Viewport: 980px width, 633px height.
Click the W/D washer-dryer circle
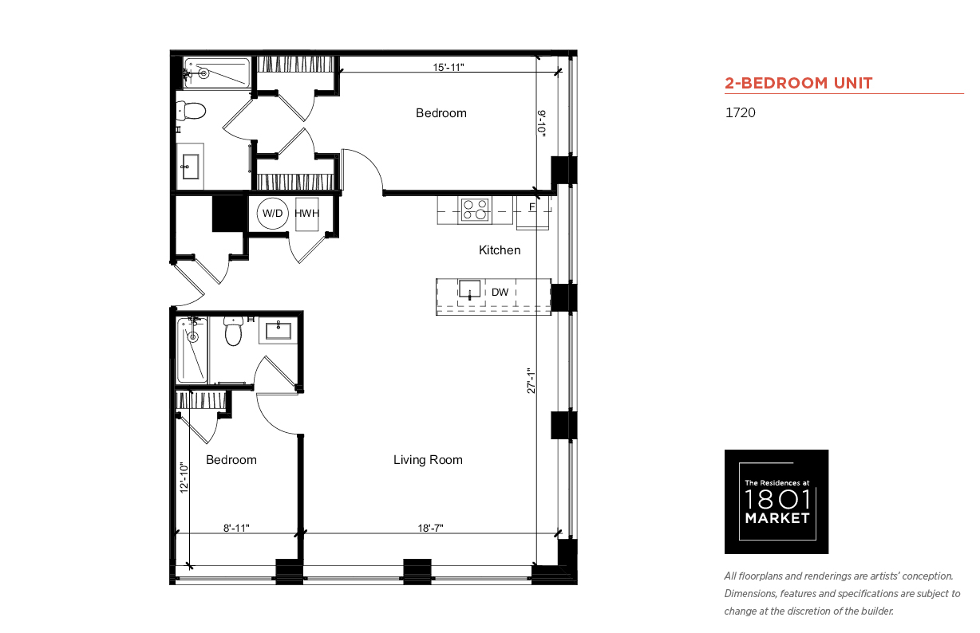click(273, 214)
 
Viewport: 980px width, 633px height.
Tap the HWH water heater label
click(306, 214)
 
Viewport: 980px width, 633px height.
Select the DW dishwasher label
click(500, 292)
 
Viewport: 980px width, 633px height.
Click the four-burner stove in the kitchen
click(475, 210)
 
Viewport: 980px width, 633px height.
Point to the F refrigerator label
click(532, 206)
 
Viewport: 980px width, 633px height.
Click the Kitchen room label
click(500, 250)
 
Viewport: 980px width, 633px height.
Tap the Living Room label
click(428, 460)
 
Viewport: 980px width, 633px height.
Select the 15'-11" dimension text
click(449, 67)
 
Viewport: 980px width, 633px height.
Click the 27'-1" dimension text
click(531, 381)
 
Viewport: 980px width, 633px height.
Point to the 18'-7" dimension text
click(430, 528)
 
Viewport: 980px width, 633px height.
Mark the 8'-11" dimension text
click(236, 528)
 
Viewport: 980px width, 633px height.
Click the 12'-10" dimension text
click(184, 478)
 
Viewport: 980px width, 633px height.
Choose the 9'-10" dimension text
click(542, 124)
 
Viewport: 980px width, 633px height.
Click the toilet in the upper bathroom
click(191, 111)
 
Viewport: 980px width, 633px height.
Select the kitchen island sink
click(469, 289)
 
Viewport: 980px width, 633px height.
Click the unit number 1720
click(741, 112)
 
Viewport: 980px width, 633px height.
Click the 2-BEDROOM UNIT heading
click(798, 83)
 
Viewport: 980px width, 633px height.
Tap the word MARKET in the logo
click(777, 518)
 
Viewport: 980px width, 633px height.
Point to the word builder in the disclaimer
click(877, 611)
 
